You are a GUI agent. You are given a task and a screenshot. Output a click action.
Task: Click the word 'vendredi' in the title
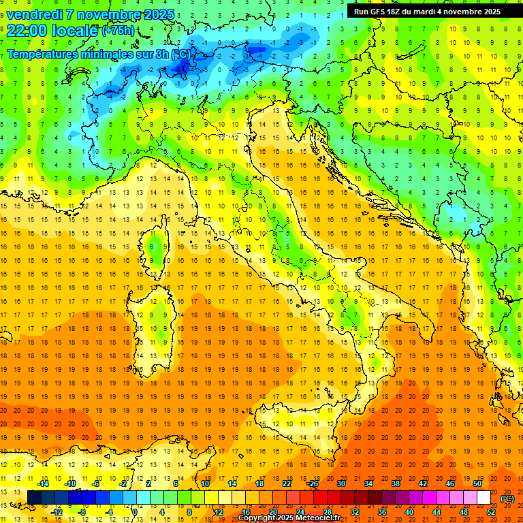pyautogui.click(x=37, y=14)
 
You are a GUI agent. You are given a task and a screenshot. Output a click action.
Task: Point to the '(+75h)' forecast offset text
pyautogui.click(x=118, y=31)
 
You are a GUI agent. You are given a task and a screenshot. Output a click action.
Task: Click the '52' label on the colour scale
pyautogui.click(x=491, y=512)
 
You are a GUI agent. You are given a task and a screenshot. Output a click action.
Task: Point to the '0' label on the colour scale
pyautogui.click(x=135, y=512)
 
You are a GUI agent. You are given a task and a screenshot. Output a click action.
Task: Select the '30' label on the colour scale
pyautogui.click(x=340, y=484)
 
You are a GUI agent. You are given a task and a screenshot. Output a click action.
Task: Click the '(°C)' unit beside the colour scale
pyautogui.click(x=507, y=498)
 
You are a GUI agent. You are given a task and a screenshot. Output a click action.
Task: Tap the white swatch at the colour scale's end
pyautogui.click(x=484, y=498)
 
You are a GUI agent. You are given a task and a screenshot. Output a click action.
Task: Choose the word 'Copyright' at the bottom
pyautogui.click(x=259, y=518)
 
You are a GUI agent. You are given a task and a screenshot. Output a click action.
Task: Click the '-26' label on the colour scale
pyautogui.click(x=313, y=484)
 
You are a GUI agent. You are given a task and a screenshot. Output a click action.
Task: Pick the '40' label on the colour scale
pyautogui.click(x=409, y=512)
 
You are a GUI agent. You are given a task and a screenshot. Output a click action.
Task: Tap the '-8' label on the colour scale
pyautogui.click(x=82, y=512)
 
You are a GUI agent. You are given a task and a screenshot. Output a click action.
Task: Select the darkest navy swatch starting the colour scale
pyautogui.click(x=34, y=498)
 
